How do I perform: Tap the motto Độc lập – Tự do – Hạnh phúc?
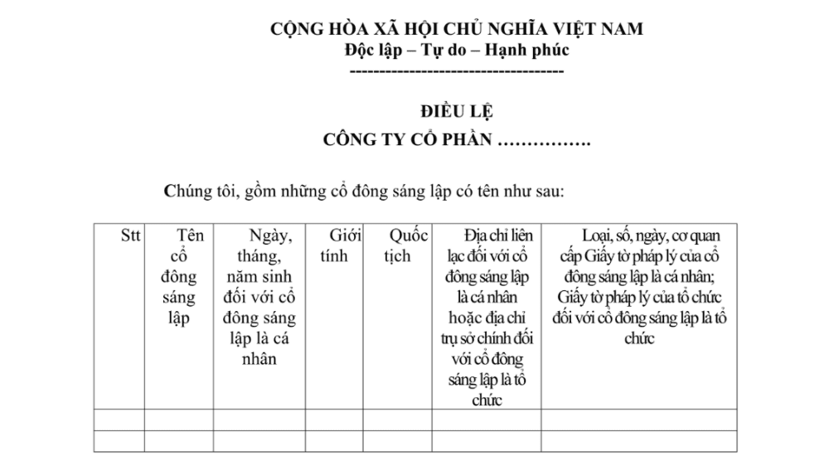pos(457,49)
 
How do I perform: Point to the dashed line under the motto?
pos(457,72)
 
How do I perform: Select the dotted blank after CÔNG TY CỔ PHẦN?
pos(542,139)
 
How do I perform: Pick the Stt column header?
pos(130,235)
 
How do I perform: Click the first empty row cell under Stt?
pos(119,420)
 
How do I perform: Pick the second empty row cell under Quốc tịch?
pos(398,440)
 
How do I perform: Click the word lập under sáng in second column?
pos(179,318)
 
